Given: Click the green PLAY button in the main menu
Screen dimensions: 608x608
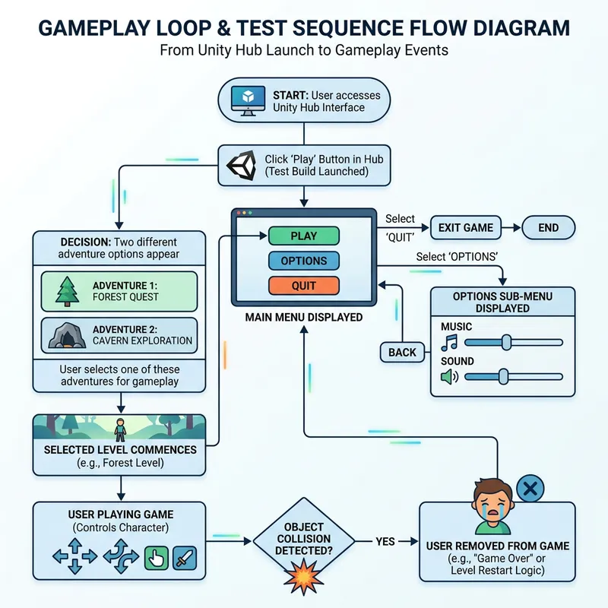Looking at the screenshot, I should point(303,236).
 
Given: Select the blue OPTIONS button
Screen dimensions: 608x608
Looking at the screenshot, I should point(303,261).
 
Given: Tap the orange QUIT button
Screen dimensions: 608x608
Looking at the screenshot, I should point(303,286).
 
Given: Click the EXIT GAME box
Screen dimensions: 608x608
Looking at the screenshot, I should point(466,227).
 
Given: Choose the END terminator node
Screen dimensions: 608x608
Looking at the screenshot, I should point(548,227).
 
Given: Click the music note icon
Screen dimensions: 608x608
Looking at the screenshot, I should point(450,343).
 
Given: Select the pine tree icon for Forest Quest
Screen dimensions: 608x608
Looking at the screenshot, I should point(68,291).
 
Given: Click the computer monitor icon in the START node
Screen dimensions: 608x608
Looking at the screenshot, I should point(248,102).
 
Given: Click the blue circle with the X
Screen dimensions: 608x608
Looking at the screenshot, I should point(530,489).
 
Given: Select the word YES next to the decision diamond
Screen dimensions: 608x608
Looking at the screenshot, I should point(385,542).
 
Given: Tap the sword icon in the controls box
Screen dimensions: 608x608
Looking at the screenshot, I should point(185,559).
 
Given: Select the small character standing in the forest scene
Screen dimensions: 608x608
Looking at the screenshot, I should point(119,429).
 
